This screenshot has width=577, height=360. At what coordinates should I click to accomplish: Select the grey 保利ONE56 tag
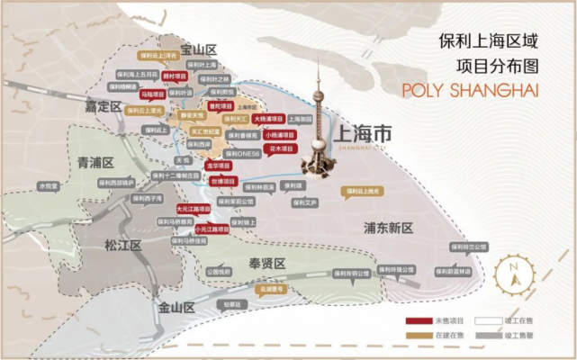click(244, 155)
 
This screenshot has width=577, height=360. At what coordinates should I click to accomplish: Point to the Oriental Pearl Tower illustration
click(319, 117)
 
